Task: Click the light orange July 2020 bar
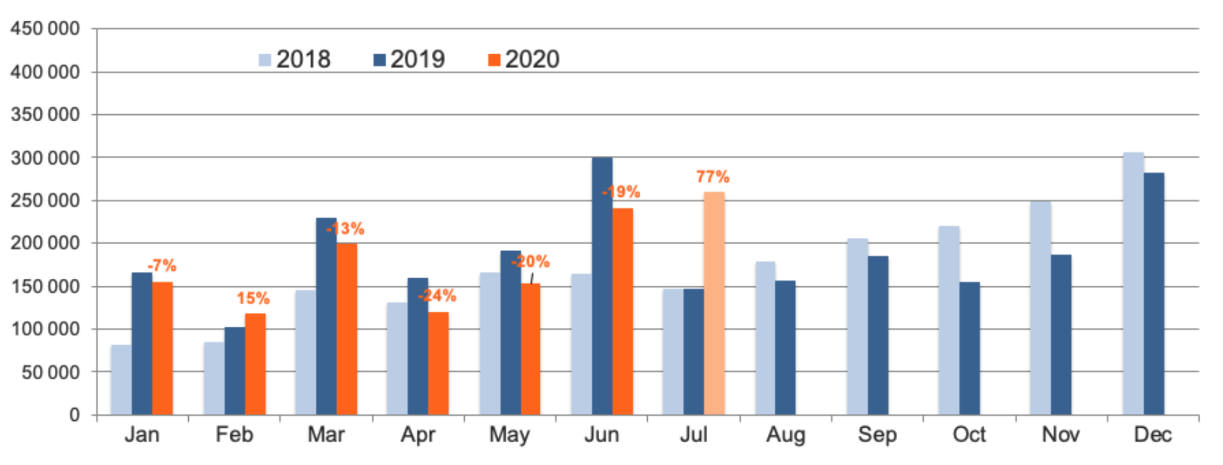(x=713, y=303)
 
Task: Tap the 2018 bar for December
(x=1133, y=283)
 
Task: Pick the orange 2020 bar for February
(x=255, y=364)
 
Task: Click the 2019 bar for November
(x=1061, y=334)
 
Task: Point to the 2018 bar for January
(x=121, y=380)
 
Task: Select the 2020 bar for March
(x=347, y=329)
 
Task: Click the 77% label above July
(x=712, y=177)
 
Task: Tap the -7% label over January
(x=162, y=266)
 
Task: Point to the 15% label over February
(x=253, y=298)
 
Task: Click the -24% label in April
(x=437, y=295)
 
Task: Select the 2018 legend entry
(x=295, y=59)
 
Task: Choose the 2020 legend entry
(x=524, y=59)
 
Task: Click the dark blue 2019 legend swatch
(x=379, y=60)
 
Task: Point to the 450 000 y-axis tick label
(x=45, y=28)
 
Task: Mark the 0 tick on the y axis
(x=75, y=415)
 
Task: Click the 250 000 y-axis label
(x=45, y=200)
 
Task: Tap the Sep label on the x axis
(x=876, y=435)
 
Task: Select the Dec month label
(x=1152, y=435)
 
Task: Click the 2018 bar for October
(x=948, y=321)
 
